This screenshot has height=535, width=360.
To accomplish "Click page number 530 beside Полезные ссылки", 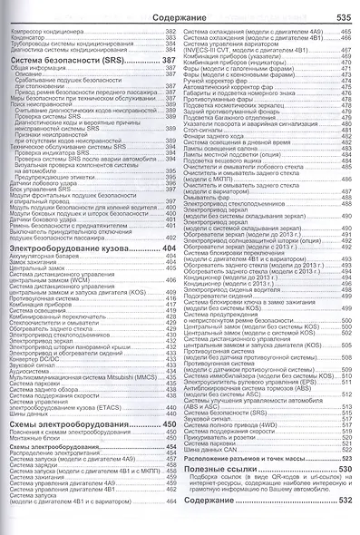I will pos(343,493).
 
